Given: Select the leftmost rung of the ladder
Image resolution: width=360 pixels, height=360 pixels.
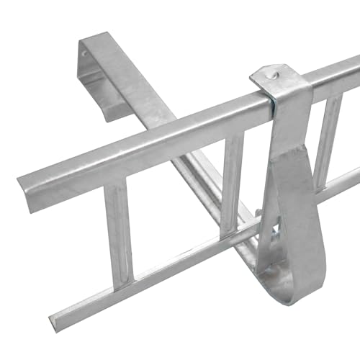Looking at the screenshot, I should tap(119, 230).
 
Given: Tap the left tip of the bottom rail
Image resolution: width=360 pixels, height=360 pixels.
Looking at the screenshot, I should tap(53, 318).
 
